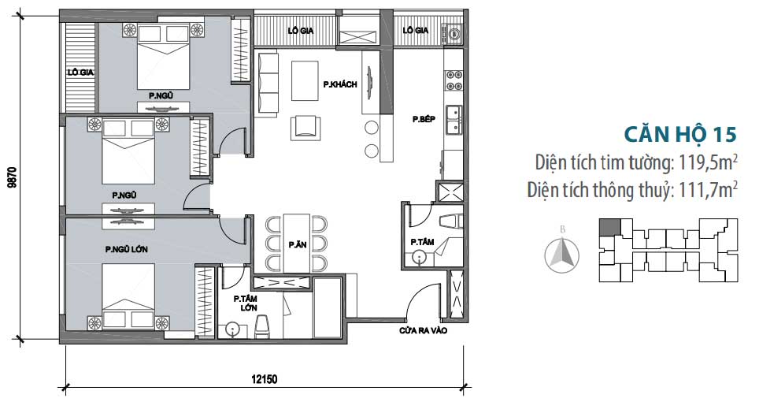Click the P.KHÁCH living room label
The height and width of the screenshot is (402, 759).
point(340,84)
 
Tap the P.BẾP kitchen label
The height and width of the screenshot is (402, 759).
point(424,119)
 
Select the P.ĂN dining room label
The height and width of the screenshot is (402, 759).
point(297,244)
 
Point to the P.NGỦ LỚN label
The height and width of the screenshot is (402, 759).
point(126,249)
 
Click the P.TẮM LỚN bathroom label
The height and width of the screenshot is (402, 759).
point(246,303)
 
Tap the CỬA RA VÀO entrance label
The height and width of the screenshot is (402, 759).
point(423,331)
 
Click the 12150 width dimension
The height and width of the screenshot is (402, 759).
point(265,379)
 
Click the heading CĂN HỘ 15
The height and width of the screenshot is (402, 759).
point(680,134)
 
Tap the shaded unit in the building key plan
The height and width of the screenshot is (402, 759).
point(609,227)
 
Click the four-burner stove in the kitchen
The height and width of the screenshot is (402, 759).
point(454,81)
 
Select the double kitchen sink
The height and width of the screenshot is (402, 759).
point(454,120)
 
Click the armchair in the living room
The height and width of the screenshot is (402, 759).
point(305,128)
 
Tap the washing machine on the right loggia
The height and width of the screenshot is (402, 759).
point(454,34)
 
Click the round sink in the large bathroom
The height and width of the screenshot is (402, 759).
point(234,329)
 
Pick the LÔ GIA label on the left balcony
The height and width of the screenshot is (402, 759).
point(80,73)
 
